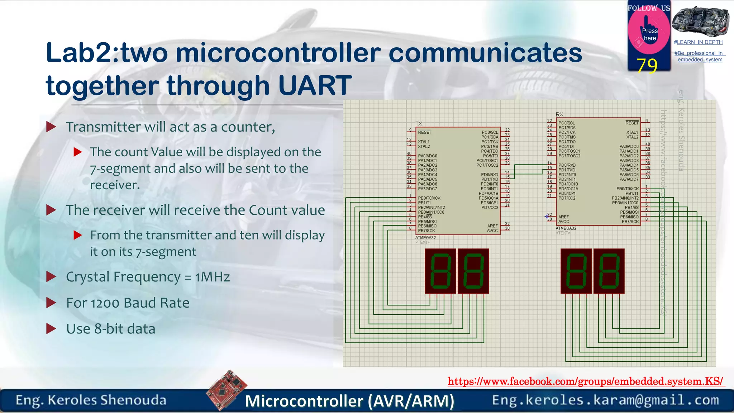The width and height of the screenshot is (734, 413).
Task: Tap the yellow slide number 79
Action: tap(647, 66)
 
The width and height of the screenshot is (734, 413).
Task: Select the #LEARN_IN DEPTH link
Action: tap(698, 42)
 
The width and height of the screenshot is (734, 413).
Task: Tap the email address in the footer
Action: tap(605, 400)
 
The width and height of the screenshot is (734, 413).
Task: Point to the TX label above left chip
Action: tap(419, 124)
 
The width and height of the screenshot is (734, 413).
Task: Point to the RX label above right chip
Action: tap(559, 114)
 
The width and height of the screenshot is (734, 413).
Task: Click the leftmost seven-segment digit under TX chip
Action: tap(440, 271)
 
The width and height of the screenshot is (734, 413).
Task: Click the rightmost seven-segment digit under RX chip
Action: tap(609, 271)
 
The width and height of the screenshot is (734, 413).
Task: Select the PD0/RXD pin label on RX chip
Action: tap(567, 165)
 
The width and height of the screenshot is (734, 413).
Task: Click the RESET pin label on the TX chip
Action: tap(425, 132)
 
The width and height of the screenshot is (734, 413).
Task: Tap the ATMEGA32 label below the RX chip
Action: tap(566, 228)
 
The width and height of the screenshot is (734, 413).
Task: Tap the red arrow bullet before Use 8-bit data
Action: tap(51, 328)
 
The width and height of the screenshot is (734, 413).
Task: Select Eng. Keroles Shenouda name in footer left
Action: tap(91, 400)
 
